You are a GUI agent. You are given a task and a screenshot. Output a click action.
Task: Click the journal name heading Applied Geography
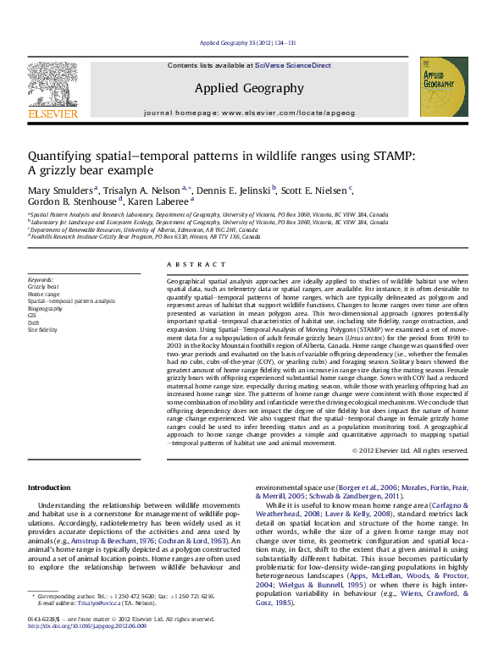[248, 88]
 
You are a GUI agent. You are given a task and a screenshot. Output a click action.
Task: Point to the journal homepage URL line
[248, 113]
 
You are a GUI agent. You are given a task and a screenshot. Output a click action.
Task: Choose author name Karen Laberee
[164, 201]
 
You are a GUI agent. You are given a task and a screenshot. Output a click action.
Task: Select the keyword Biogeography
[47, 309]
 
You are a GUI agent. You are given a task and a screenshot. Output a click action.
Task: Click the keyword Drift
[35, 322]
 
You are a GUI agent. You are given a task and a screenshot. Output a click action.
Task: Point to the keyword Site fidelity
[42, 329]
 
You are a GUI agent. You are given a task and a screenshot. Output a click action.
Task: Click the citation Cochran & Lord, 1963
[193, 540]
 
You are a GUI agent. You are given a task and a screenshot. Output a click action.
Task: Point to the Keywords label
[41, 279]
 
